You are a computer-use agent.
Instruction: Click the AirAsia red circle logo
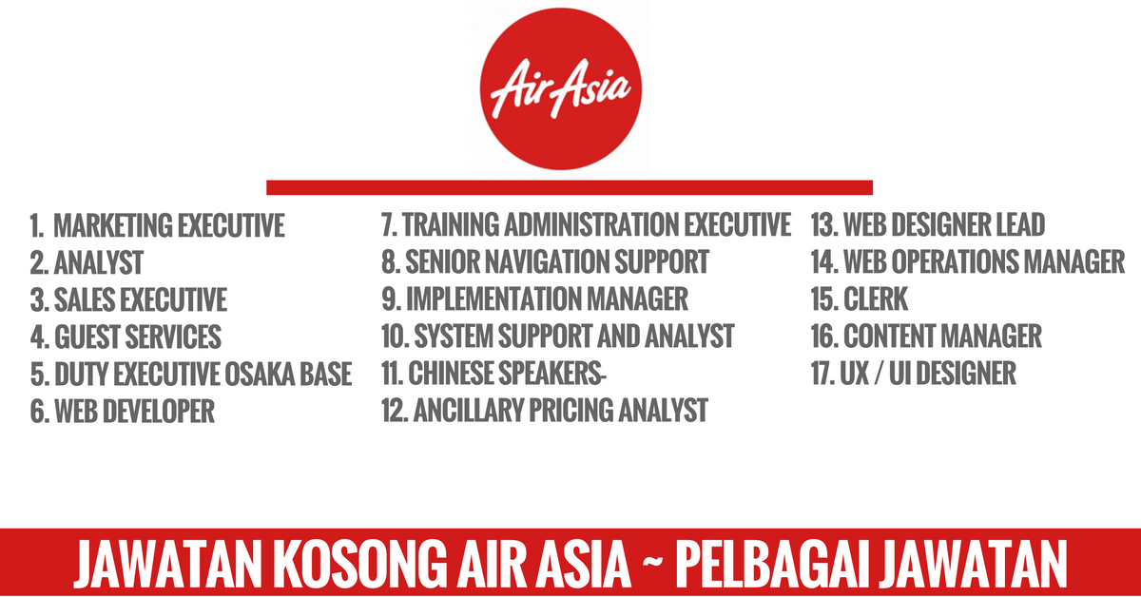click(561, 89)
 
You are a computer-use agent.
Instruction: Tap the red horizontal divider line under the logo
click(570, 187)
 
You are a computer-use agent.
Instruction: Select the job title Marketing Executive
click(169, 225)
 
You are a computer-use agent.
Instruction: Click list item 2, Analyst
click(87, 262)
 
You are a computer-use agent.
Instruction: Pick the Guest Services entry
click(126, 337)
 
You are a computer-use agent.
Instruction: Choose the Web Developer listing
click(123, 412)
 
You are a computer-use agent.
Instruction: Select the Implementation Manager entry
click(534, 299)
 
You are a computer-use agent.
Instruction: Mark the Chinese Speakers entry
click(493, 374)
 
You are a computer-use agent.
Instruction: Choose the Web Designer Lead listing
click(928, 224)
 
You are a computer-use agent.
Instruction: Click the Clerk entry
click(860, 299)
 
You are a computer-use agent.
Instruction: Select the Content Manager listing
click(926, 337)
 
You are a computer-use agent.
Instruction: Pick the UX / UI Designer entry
click(914, 374)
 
